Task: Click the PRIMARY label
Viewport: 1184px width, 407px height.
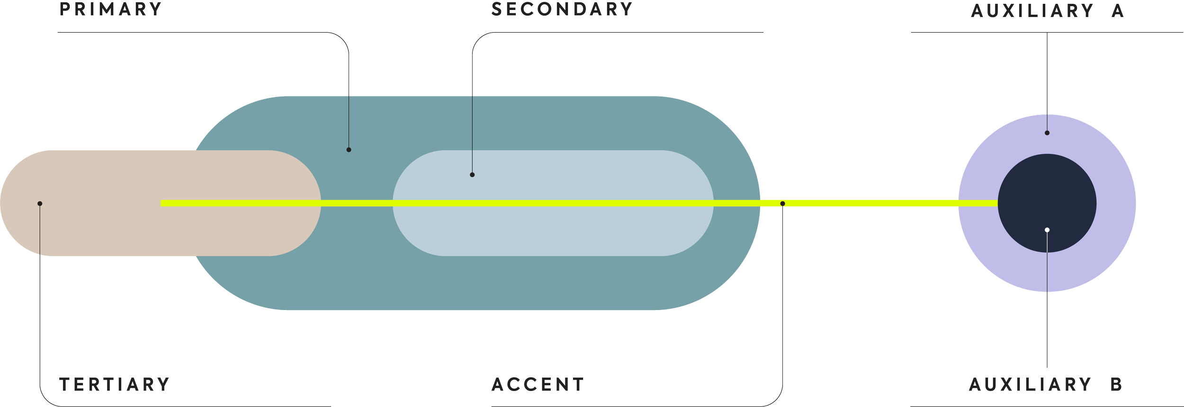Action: click(111, 9)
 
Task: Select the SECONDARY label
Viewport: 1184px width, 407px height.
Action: click(562, 9)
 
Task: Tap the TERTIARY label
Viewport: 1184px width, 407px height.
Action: click(114, 384)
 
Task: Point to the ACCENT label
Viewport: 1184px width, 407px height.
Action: click(538, 384)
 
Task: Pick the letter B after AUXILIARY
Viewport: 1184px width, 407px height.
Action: click(1116, 384)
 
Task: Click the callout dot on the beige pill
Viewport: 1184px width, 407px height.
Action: click(40, 203)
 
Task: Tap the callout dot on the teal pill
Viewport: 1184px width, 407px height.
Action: click(349, 150)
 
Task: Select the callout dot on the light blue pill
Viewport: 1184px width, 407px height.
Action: click(472, 175)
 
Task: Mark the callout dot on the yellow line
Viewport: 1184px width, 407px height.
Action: click(782, 203)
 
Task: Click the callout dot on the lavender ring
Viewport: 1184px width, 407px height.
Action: click(1047, 133)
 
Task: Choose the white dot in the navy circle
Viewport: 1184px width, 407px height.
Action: click(1047, 230)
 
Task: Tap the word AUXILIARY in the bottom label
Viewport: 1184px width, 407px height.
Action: click(1030, 384)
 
